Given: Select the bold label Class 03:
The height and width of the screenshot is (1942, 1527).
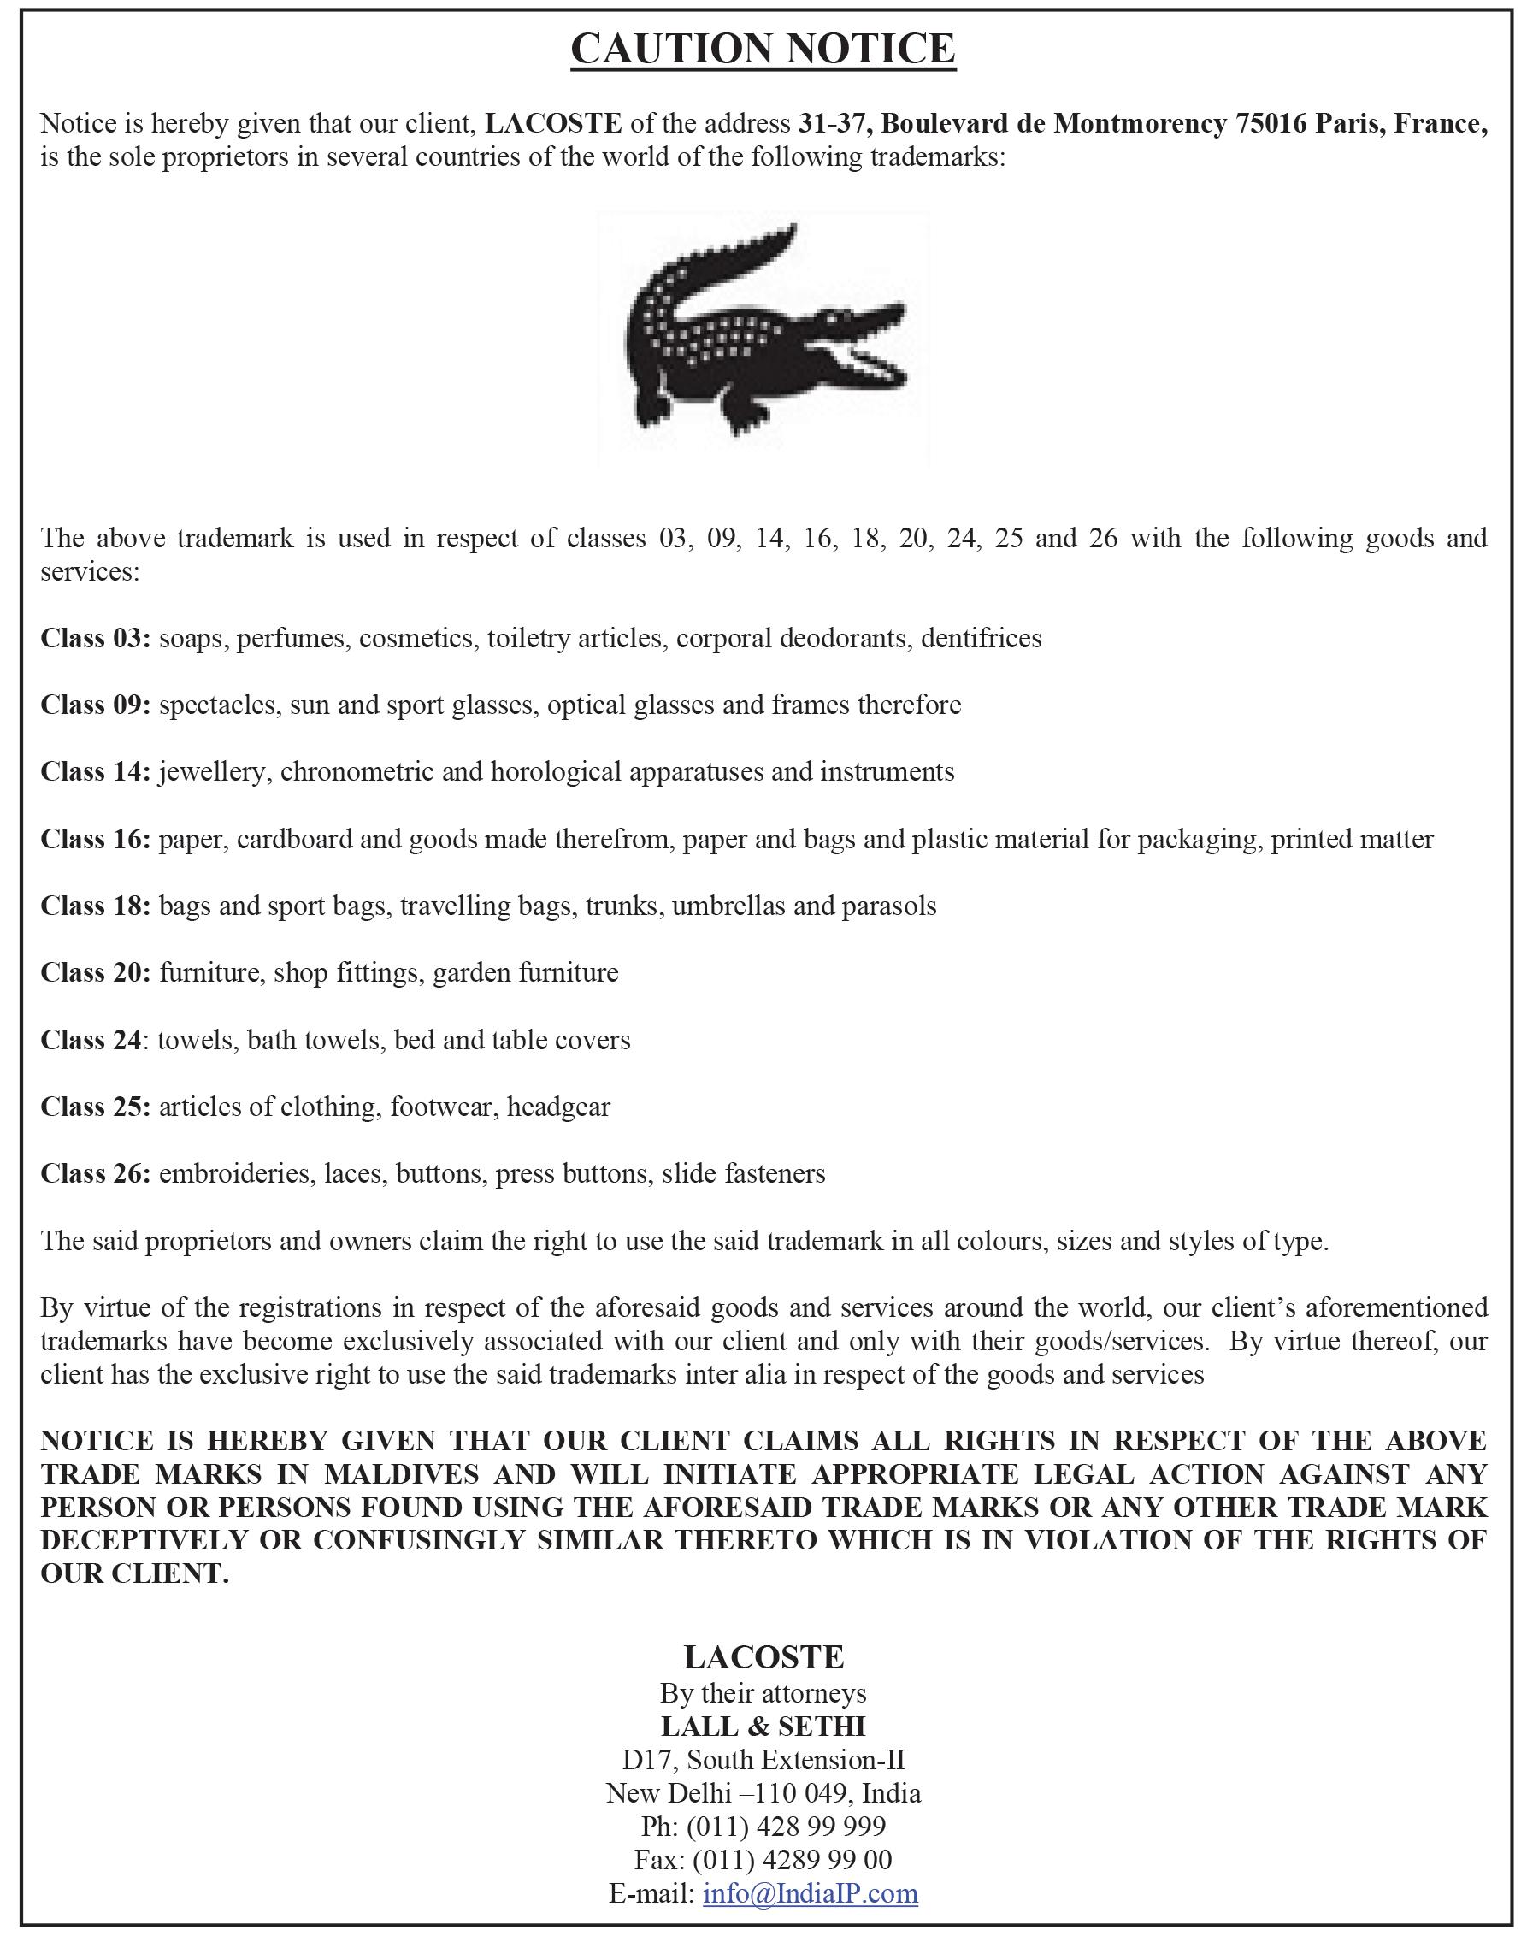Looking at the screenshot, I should (x=96, y=639).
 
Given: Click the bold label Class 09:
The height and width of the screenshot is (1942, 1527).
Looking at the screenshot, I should (x=96, y=705).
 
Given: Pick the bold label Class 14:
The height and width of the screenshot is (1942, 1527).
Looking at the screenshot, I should (x=96, y=771).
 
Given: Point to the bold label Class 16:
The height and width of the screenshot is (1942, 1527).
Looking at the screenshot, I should (x=96, y=840).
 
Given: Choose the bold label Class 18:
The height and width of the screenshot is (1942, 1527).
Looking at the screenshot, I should (x=96, y=906).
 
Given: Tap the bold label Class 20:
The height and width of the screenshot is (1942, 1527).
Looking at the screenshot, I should (x=96, y=973).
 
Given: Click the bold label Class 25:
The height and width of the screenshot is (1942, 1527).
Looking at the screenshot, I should (x=96, y=1107).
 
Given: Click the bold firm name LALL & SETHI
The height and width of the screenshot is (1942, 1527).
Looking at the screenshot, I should (x=763, y=1727).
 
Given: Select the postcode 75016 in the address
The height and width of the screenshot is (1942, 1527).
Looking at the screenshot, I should (x=1271, y=123).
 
